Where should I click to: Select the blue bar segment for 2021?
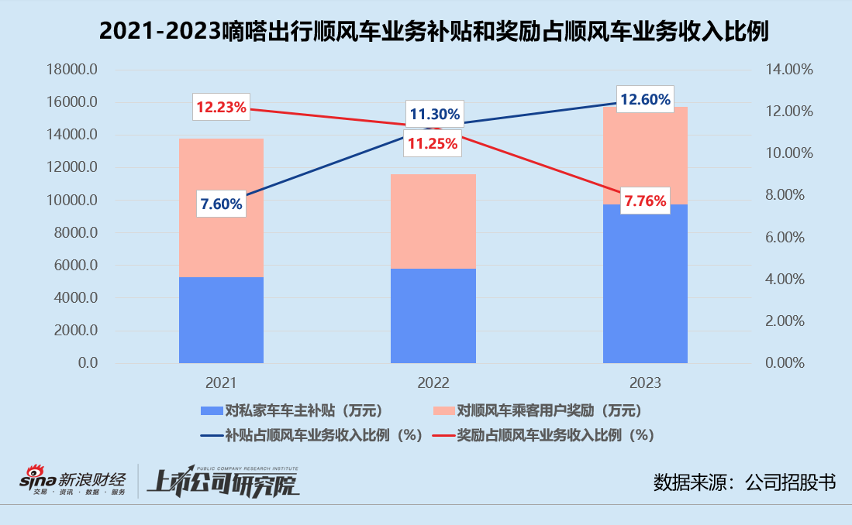pos(221,320)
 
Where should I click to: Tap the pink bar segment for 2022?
pos(433,221)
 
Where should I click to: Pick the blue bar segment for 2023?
pos(645,283)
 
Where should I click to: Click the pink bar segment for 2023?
pos(645,155)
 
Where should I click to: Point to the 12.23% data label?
pos(221,108)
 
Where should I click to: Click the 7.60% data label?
pos(221,204)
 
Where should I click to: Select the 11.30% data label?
pos(434,115)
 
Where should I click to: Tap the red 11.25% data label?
pos(433,143)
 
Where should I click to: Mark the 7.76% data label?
pos(645,201)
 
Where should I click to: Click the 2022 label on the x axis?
pos(433,383)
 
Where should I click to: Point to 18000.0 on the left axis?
pos(72,70)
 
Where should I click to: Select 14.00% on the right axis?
pos(788,70)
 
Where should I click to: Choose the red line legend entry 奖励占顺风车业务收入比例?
pos(543,434)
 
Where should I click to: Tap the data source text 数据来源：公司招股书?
pos(744,482)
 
